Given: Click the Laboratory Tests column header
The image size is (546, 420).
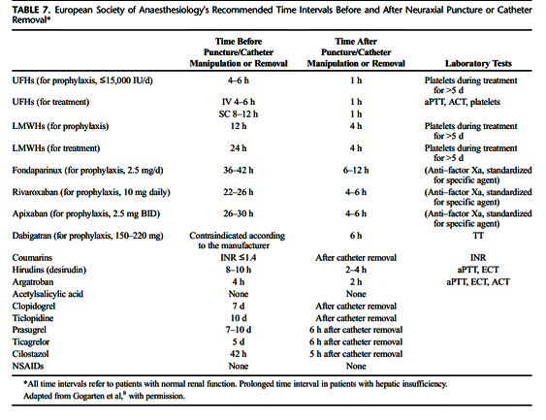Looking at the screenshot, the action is coord(478,63).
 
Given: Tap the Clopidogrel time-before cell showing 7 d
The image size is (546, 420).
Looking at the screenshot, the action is coord(239,307).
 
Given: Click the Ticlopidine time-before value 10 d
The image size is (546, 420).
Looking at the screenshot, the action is coord(239,318).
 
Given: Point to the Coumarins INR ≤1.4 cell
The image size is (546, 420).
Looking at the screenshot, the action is coord(239,258).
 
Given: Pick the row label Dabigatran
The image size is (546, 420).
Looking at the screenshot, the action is coord(31,236).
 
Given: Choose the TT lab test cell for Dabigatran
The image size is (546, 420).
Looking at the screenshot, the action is coord(478,236).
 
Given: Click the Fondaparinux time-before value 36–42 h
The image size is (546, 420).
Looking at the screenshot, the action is coord(239,171).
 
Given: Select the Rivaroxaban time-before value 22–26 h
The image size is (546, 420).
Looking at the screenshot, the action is coord(239,192).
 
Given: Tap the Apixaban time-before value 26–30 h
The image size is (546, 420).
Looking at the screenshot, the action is coord(239,213).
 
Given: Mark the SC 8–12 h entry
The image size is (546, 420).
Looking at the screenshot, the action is coord(239,114).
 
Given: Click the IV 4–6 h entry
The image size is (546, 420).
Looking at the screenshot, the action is coord(239,102).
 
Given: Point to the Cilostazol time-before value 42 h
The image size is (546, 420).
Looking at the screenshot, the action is coord(239,354).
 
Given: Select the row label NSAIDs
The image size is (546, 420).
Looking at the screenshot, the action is coord(28,366).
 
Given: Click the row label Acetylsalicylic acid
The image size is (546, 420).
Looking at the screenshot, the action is coord(48,294).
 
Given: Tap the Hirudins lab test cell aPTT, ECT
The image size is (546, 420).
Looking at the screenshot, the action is coord(478,270).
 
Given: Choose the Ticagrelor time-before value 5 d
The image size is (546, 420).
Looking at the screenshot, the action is coord(239,342).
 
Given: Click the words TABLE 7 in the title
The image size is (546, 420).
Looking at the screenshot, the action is coord(31,10).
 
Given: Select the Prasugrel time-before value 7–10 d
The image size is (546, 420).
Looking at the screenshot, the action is coord(239,330).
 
